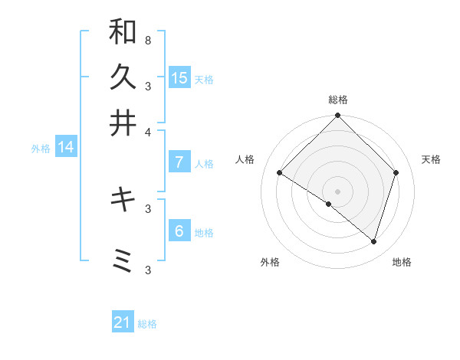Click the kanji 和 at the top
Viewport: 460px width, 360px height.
tap(123, 32)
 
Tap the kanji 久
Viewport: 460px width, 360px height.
tap(123, 78)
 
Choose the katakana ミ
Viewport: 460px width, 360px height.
tap(123, 261)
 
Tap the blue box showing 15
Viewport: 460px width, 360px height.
tap(179, 77)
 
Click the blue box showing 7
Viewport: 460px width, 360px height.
tap(179, 162)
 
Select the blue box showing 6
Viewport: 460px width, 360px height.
tap(179, 231)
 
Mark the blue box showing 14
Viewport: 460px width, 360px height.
tap(66, 147)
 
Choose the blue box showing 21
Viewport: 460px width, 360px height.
tap(123, 322)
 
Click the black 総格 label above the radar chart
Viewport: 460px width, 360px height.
tap(337, 100)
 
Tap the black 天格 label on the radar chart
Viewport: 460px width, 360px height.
tap(431, 159)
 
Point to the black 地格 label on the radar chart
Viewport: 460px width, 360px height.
tap(402, 262)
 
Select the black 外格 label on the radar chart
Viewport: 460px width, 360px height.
tap(270, 262)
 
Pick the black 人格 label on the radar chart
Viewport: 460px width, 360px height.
tap(245, 159)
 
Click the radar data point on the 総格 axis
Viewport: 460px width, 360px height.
tap(337, 116)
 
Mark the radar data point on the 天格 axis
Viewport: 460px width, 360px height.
tap(396, 173)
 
